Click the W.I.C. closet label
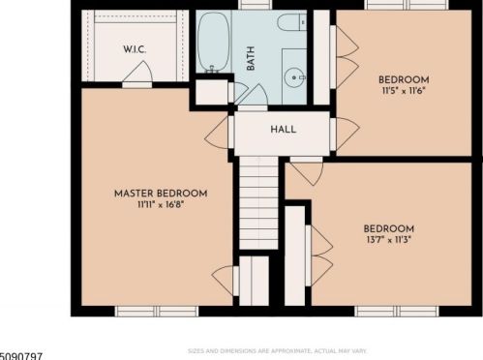click(x=135, y=48)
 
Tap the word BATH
click(x=251, y=60)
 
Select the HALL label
click(x=283, y=129)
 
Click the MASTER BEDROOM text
click(x=160, y=194)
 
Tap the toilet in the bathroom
click(x=290, y=23)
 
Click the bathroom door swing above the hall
click(x=254, y=97)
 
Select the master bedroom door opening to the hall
click(x=218, y=135)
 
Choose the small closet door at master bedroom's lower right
click(x=225, y=282)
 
